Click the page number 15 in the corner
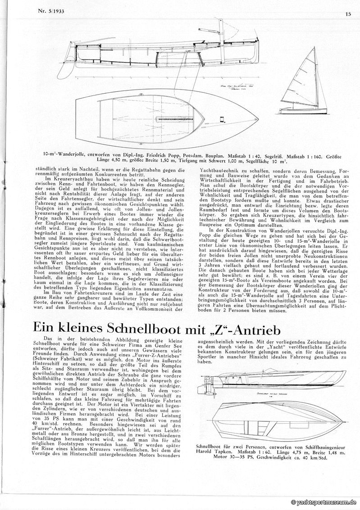(x=348, y=14)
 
